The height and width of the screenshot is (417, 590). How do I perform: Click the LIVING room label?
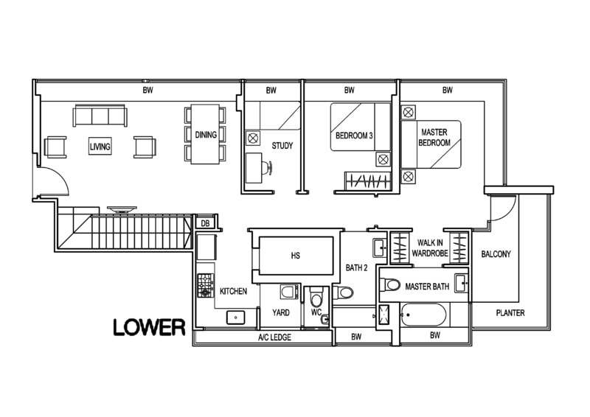pos(100,147)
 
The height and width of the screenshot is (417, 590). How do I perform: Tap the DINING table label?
pos(206,135)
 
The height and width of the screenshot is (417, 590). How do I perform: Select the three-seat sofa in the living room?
pos(100,116)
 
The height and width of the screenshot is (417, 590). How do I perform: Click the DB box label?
pos(205,223)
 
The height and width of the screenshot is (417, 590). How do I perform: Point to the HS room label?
pos(296,256)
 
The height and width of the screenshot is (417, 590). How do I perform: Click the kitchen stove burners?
pos(206,285)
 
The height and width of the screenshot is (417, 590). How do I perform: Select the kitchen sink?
pos(236,318)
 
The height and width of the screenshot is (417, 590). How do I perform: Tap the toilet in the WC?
pos(316,297)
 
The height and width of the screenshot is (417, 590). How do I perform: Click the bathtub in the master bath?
pos(423,315)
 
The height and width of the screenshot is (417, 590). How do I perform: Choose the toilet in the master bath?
pos(390,284)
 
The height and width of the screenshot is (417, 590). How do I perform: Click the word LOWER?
pos(150,327)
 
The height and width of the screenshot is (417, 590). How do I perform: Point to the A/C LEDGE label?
pos(274,337)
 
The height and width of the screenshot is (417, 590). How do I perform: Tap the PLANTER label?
pos(510,313)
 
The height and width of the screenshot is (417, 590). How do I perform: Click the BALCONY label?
pos(496,254)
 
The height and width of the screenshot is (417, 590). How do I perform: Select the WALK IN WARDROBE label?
pos(430,248)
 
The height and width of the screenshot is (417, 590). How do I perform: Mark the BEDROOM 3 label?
pos(354,136)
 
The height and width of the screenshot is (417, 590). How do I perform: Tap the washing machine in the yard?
pos(289,292)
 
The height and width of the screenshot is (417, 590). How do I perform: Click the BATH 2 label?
pos(357,267)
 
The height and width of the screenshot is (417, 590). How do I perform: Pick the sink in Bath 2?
pos(380,248)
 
